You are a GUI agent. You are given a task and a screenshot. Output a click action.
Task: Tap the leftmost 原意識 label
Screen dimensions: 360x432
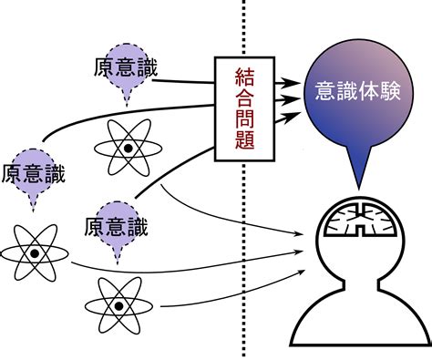(34, 170)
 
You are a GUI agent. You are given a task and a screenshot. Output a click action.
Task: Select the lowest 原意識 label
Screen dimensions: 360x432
(115, 224)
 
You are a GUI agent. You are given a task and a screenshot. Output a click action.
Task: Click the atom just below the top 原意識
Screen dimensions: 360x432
(129, 146)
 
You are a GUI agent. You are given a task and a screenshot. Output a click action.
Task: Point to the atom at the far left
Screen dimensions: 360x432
(34, 252)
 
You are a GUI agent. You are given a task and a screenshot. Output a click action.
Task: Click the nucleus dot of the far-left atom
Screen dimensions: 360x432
(34, 252)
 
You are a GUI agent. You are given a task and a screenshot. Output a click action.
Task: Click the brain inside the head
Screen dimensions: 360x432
(363, 220)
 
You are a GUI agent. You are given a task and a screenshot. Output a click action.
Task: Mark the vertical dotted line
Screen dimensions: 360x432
(243, 273)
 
